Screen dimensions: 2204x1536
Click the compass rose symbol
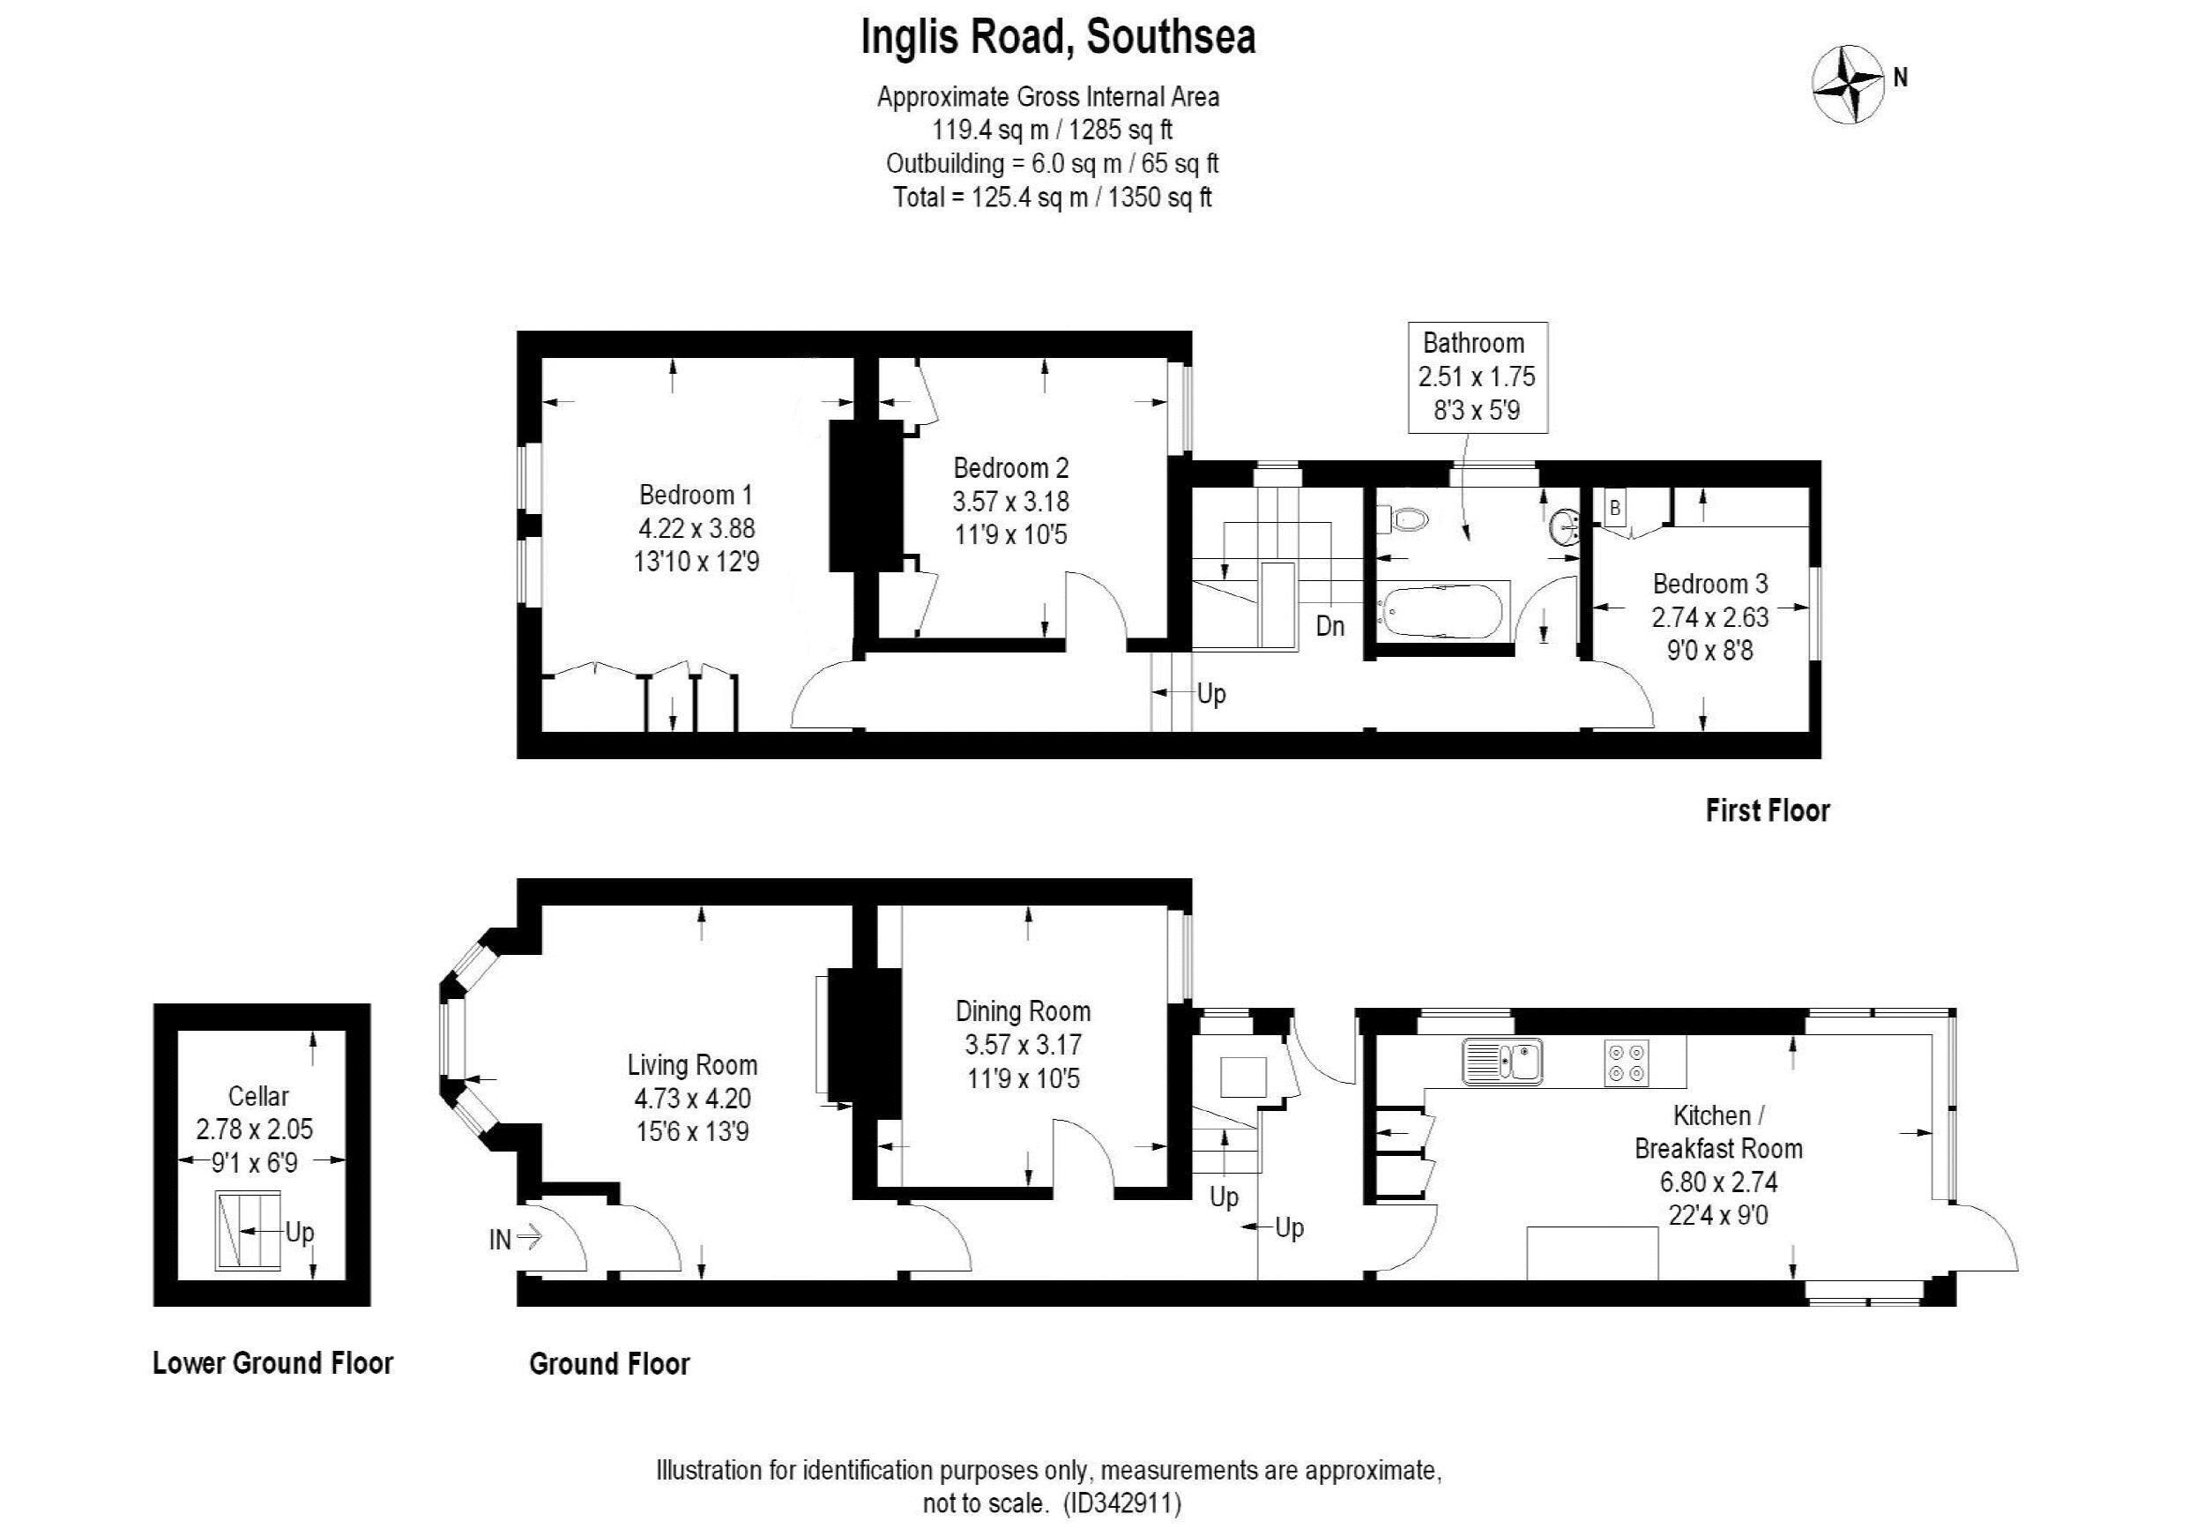click(1849, 86)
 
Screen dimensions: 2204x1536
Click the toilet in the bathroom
click(1404, 520)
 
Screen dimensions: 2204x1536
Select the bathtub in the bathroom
click(1443, 609)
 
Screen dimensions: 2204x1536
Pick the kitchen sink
click(1502, 1061)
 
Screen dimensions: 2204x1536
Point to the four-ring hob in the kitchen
click(1628, 1062)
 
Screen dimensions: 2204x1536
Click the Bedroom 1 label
click(696, 496)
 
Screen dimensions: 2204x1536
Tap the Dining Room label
click(1024, 1010)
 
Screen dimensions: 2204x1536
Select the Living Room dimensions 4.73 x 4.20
click(692, 1099)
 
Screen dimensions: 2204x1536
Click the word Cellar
click(258, 1095)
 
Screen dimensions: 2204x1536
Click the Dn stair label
click(1329, 627)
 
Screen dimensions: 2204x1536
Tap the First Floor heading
click(1768, 811)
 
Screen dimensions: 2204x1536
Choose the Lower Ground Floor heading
click(272, 1363)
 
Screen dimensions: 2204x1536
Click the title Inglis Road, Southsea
click(1058, 37)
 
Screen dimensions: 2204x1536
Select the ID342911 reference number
click(1121, 1502)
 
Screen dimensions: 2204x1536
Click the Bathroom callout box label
click(1472, 343)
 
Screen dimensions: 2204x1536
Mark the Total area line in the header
click(1052, 198)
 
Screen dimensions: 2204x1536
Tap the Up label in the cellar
click(300, 1233)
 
